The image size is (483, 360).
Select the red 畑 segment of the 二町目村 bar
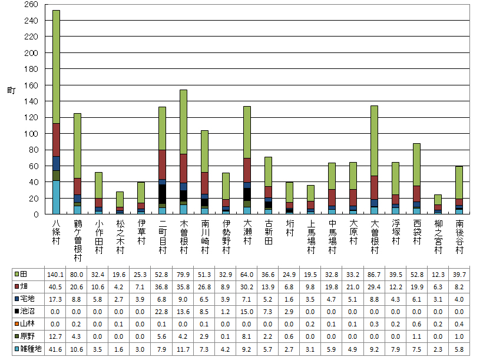pos(162,164)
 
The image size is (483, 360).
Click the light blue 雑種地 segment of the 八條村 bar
pos(56,197)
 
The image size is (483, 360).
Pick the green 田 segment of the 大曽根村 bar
pos(374,141)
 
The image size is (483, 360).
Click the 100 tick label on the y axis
pos(31,134)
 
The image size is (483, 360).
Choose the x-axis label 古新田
pos(268,233)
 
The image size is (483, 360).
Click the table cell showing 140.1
pos(56,275)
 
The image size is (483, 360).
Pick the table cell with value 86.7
pos(374,275)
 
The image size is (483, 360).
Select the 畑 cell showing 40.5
pos(56,287)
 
